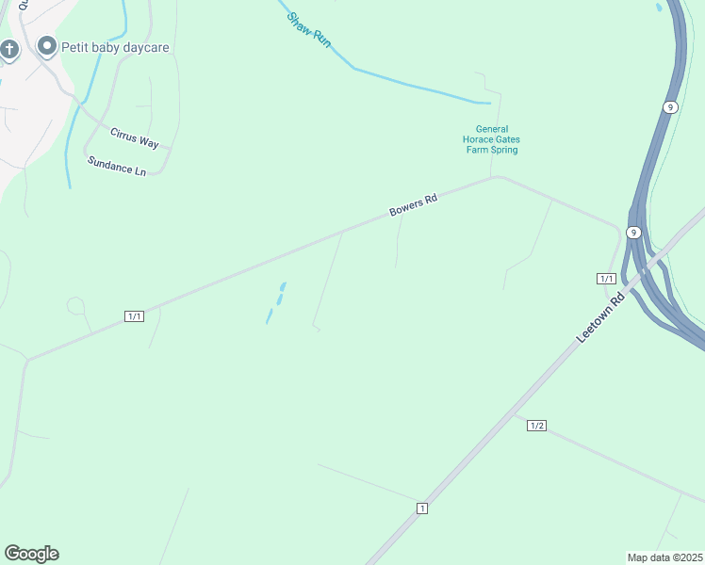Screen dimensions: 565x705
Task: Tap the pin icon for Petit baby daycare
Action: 45,46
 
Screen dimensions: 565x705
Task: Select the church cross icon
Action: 9,49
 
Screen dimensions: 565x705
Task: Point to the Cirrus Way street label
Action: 134,137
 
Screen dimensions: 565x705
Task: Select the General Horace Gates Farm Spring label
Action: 491,139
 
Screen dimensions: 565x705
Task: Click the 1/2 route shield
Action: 537,426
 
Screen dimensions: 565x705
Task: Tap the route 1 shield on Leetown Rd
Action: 422,508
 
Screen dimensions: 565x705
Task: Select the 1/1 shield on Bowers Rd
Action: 134,316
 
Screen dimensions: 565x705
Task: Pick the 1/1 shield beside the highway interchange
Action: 606,278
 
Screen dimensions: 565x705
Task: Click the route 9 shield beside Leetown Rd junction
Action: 634,233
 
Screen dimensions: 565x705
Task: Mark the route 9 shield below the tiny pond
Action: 669,107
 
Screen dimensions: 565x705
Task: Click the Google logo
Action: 31,554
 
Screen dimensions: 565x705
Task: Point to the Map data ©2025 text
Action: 665,557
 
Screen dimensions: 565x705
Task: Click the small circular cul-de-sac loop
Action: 75,306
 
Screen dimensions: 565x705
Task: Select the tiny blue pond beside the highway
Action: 659,8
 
